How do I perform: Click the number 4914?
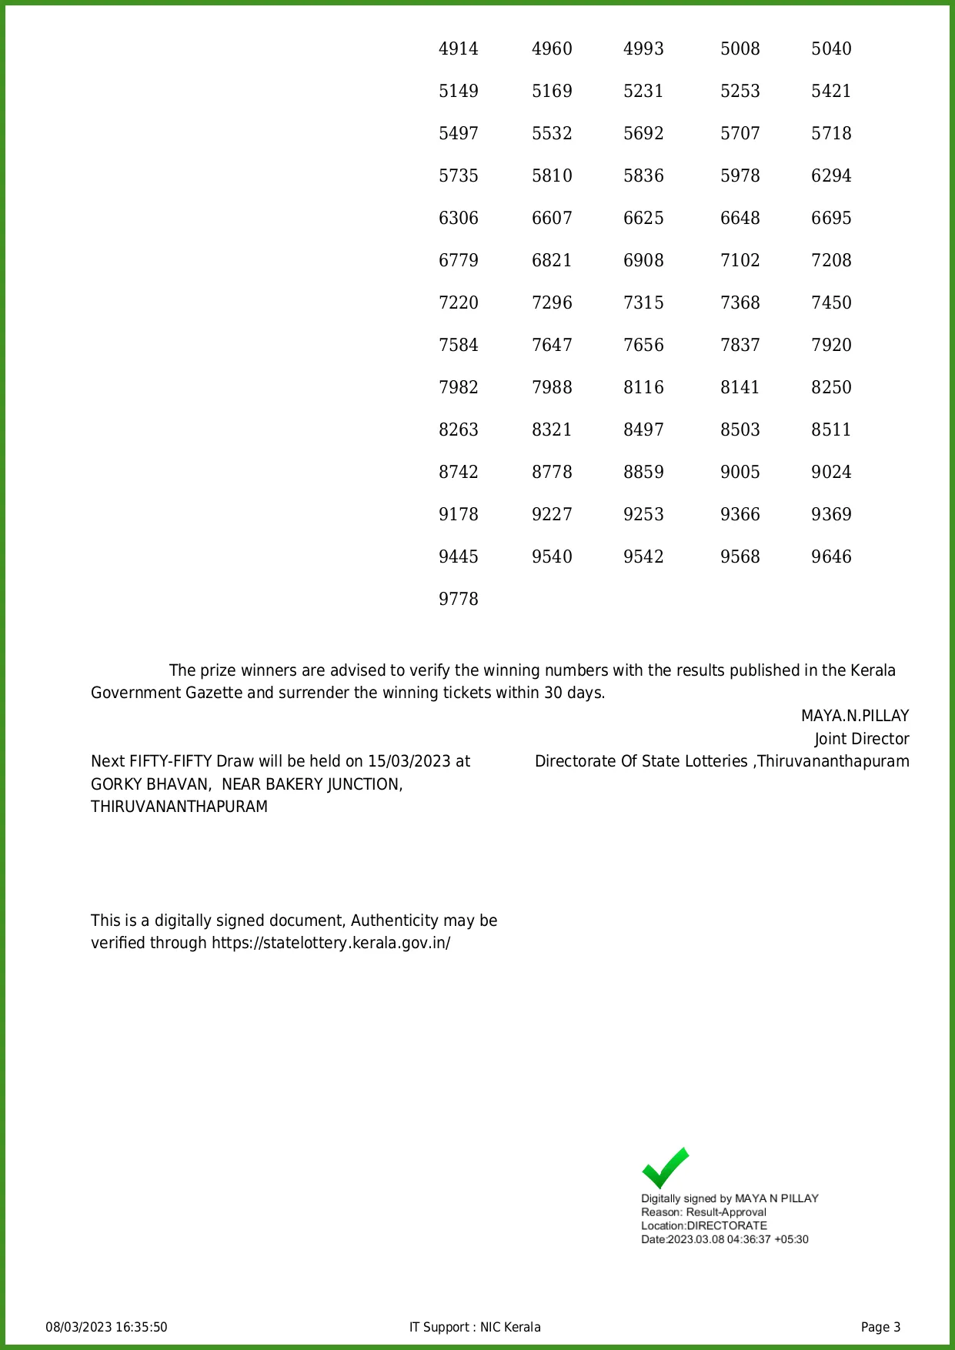pyautogui.click(x=459, y=49)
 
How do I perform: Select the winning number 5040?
pyautogui.click(x=831, y=49)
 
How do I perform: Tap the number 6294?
pyautogui.click(x=831, y=176)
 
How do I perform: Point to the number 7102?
pyautogui.click(x=740, y=261)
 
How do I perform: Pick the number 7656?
pyautogui.click(x=643, y=346)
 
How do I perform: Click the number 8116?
pyautogui.click(x=643, y=388)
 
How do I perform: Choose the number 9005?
pyautogui.click(x=740, y=473)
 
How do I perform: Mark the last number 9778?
pyautogui.click(x=459, y=600)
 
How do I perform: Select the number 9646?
pyautogui.click(x=831, y=557)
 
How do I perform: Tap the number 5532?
pyautogui.click(x=552, y=134)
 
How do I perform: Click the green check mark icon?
pyautogui.click(x=665, y=1168)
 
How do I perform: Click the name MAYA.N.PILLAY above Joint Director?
pyautogui.click(x=855, y=717)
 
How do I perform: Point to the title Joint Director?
pyautogui.click(x=862, y=740)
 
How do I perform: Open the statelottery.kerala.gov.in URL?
pyautogui.click(x=331, y=944)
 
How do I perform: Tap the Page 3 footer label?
pyautogui.click(x=880, y=1328)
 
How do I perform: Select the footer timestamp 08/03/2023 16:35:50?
pyautogui.click(x=106, y=1328)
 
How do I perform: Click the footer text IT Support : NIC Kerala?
pyautogui.click(x=475, y=1328)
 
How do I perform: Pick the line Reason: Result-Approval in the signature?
pyautogui.click(x=703, y=1212)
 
